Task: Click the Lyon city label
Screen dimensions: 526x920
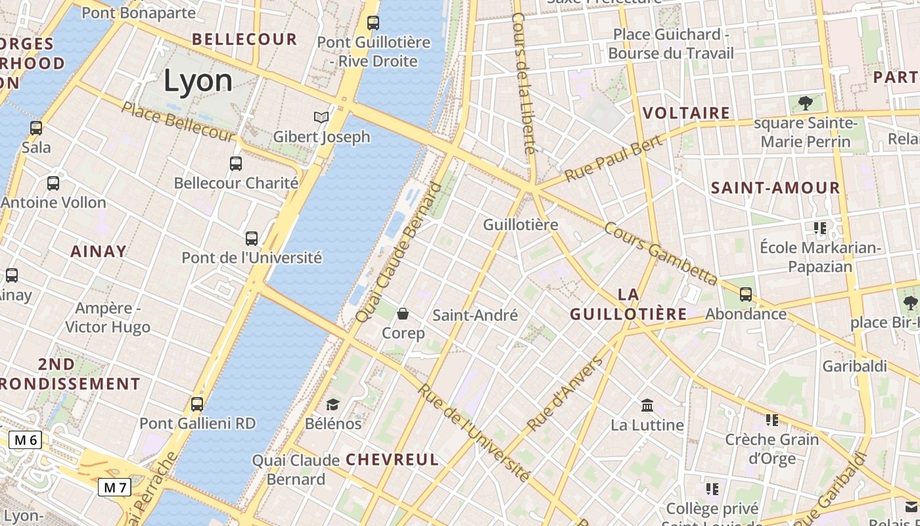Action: point(198,81)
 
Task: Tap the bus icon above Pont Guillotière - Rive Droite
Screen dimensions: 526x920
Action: point(373,23)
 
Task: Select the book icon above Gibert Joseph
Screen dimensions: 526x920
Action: point(321,117)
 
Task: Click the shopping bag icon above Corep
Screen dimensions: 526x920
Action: point(403,314)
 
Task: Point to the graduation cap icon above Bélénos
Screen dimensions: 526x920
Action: point(333,404)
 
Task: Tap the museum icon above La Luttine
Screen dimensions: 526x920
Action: point(647,405)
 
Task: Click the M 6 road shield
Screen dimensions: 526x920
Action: point(25,440)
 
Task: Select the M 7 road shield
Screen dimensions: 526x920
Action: point(115,487)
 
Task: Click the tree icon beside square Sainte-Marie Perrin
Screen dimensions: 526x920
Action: point(805,103)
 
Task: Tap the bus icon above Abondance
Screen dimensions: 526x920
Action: point(746,294)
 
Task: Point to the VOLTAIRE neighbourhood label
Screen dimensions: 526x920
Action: point(686,113)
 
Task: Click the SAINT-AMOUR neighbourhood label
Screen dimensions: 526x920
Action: point(775,188)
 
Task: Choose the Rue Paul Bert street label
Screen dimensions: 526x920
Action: point(612,161)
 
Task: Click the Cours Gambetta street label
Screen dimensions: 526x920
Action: point(660,254)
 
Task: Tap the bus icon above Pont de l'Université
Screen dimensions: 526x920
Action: point(252,238)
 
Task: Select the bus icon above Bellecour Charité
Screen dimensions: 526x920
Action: point(236,163)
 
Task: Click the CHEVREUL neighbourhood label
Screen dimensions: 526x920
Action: point(392,460)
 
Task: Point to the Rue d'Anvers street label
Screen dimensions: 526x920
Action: point(565,394)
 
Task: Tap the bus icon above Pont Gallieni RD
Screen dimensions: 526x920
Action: point(197,404)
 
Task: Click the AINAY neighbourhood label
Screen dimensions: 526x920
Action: point(99,251)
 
